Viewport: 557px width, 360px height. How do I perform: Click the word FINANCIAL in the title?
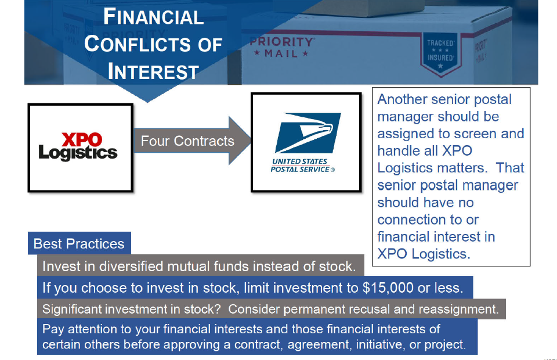coord(153,17)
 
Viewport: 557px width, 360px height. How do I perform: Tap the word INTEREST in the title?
coord(153,71)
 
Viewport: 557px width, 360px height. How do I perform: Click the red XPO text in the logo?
coord(82,140)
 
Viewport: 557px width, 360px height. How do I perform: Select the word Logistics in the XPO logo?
coord(78,153)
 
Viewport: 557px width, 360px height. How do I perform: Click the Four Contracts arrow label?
coord(187,141)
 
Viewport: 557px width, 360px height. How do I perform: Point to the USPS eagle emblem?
coord(308,133)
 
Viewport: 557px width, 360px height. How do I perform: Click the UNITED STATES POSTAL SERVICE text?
coord(303,165)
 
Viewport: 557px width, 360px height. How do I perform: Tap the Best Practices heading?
coord(79,244)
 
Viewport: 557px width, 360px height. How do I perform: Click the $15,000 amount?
coord(388,288)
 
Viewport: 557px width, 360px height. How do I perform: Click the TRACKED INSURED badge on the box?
coord(440,53)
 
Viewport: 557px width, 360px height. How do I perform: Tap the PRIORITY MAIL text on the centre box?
coord(282,47)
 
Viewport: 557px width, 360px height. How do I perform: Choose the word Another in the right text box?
coord(402,99)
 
